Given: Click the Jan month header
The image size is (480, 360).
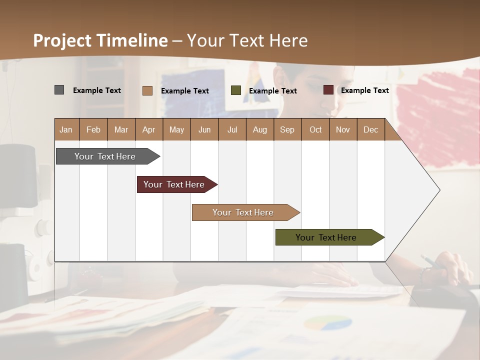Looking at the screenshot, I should (x=66, y=129).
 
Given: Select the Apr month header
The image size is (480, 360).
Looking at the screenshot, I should (x=149, y=129).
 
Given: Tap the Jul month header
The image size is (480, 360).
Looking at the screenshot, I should (x=232, y=129).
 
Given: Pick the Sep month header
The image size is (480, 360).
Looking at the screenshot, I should (x=287, y=129).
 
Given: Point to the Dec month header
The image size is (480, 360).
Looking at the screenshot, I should (x=370, y=129).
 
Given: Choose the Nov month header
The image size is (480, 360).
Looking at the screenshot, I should (x=343, y=129).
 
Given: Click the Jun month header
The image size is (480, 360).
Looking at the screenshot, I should (x=204, y=129).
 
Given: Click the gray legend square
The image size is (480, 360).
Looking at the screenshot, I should (x=59, y=90).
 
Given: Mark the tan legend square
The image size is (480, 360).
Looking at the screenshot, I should (x=147, y=90).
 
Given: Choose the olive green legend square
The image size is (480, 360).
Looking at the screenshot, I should (x=236, y=90).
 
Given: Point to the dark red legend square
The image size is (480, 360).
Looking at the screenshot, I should (x=328, y=90).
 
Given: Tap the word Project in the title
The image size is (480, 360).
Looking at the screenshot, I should (x=61, y=40).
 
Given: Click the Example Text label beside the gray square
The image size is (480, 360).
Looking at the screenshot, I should (x=97, y=90).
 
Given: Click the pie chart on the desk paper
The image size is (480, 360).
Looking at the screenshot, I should (x=321, y=323).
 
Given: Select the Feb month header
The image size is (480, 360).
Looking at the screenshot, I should (x=93, y=129).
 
